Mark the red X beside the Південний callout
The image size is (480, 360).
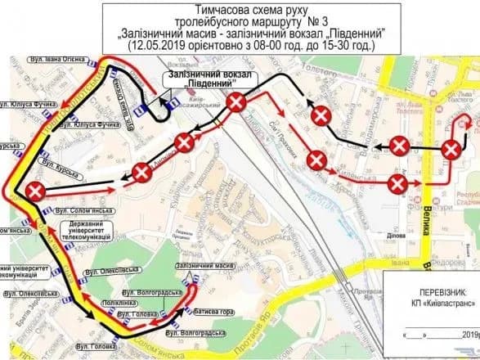[237, 103]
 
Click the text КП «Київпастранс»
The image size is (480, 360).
[430, 304]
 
